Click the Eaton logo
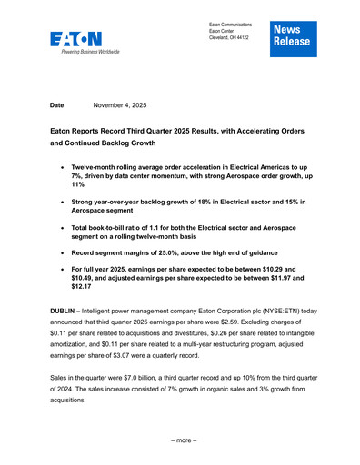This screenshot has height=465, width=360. (77, 42)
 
